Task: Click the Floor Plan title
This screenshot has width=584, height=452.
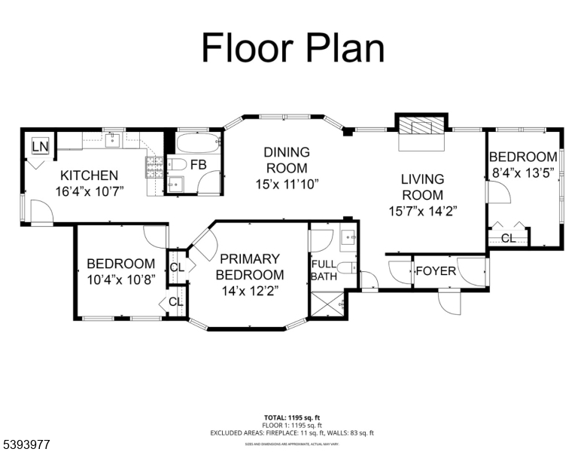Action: tap(293, 47)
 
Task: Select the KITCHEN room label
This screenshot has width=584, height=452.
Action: tap(89, 175)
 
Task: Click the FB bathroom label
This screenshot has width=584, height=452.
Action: tap(199, 165)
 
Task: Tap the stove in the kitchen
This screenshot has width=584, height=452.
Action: tap(154, 167)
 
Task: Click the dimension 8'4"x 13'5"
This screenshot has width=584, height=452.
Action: tap(522, 172)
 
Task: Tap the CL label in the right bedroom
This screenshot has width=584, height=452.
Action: tap(509, 238)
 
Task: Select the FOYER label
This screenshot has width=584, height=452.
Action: tap(436, 270)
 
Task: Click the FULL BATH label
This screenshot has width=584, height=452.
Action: tap(324, 270)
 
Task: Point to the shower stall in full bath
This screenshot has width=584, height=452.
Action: tap(327, 306)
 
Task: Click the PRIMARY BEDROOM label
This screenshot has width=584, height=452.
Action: tap(251, 267)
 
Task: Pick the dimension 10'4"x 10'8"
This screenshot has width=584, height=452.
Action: tap(120, 279)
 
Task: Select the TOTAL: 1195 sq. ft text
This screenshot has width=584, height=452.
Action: tap(291, 417)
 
